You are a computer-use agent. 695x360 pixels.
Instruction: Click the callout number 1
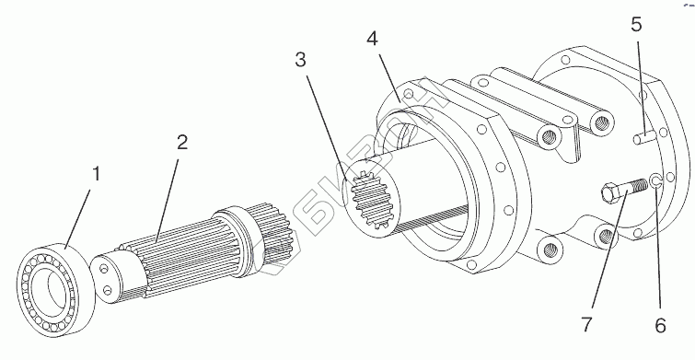click(x=96, y=175)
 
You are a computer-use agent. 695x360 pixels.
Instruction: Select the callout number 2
click(x=181, y=143)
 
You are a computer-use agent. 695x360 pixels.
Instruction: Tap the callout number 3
click(x=300, y=60)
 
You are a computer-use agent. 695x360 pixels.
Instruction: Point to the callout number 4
click(x=372, y=39)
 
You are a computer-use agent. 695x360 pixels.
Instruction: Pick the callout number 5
click(x=636, y=25)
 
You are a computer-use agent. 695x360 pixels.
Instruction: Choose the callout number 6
click(x=660, y=326)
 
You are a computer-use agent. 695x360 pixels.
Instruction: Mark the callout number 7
click(x=587, y=325)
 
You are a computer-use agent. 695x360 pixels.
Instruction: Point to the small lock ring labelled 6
click(x=655, y=180)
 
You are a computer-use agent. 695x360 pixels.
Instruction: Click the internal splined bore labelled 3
click(x=371, y=201)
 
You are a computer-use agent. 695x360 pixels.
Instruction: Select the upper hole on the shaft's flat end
click(x=103, y=269)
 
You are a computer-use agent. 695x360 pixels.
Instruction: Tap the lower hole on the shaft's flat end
click(x=107, y=290)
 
